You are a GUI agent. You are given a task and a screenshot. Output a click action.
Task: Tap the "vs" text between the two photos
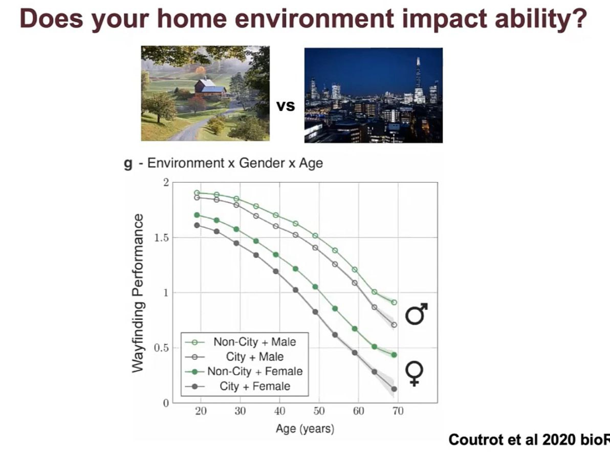pos(286,106)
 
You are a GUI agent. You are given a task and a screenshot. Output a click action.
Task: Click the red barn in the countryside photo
pos(210,88)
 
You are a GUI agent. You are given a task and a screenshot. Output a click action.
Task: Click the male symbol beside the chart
pos(417,313)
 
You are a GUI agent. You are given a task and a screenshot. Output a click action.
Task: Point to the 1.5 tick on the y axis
pos(161,238)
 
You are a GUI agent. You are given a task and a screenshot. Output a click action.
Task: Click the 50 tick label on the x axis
pos(319,411)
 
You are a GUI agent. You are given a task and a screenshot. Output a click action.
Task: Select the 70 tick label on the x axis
pos(398,411)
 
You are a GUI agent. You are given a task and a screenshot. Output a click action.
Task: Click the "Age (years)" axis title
pos(305,428)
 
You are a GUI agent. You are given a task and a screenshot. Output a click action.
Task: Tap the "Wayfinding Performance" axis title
pos(137,293)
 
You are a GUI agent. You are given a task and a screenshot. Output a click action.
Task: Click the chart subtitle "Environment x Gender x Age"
pos(235,163)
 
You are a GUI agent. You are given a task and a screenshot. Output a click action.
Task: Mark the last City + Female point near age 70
pos(394,389)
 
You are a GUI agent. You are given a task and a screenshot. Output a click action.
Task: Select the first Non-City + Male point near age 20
pos(197,193)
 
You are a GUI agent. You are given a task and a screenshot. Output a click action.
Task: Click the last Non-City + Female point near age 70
pos(394,355)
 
